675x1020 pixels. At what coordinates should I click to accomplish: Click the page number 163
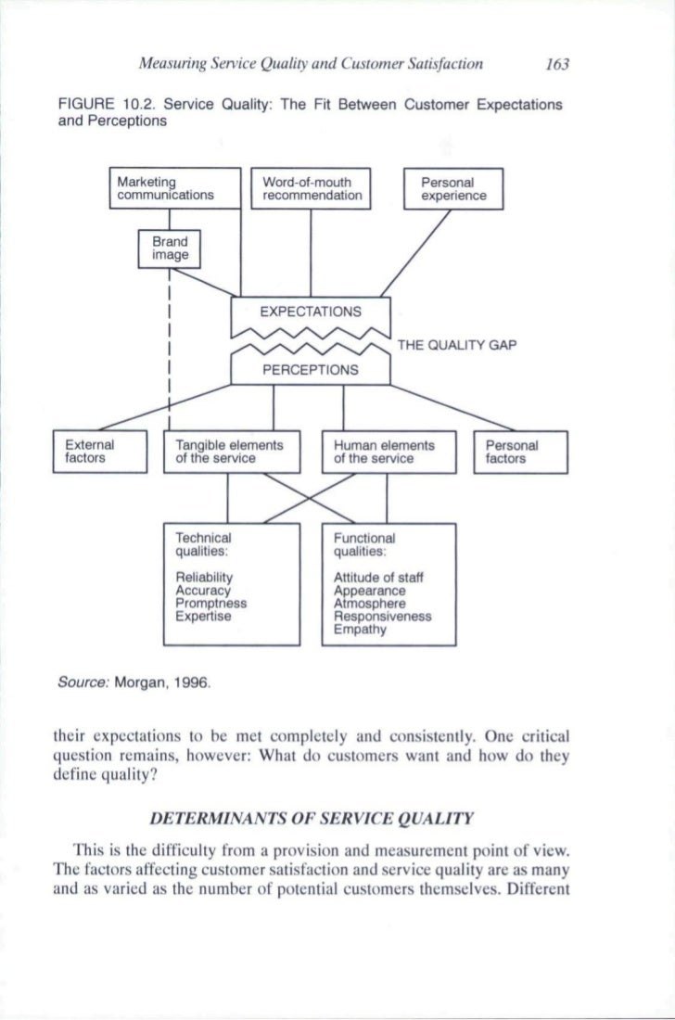556,65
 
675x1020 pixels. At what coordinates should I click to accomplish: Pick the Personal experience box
452,190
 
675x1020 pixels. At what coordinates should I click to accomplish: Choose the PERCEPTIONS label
311,369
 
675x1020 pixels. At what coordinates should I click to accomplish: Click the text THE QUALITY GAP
456,346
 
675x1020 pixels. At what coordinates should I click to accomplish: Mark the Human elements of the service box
388,452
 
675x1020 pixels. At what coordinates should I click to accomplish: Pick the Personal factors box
519,452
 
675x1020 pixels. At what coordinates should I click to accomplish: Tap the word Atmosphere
365,602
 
